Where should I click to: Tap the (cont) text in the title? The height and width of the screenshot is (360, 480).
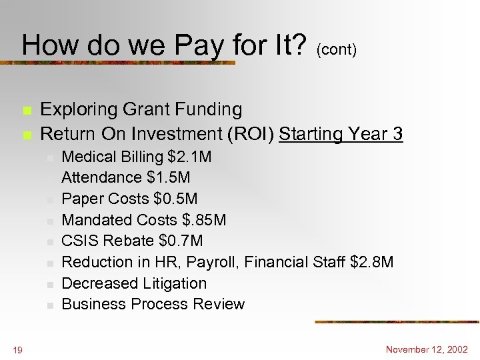pos(337,50)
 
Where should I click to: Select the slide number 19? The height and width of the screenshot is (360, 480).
pos(17,349)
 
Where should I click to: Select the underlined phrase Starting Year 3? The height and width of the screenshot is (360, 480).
pos(341,134)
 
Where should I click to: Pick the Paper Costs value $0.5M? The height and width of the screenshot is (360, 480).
pos(175,199)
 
